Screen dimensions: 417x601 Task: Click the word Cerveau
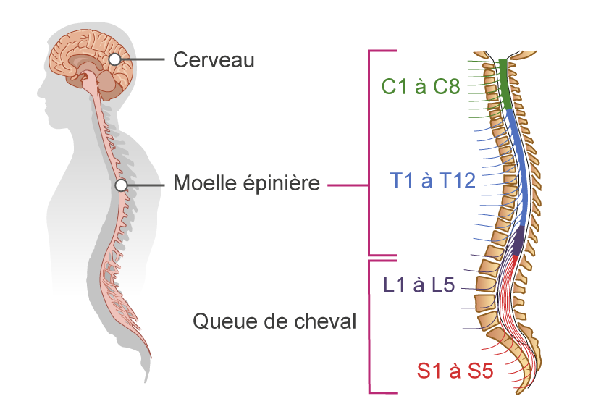coord(214,59)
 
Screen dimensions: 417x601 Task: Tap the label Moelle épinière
coord(246,184)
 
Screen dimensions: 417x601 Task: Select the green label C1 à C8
coord(421,88)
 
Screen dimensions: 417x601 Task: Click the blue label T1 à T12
coord(433,180)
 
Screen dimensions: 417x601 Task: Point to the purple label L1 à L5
coord(419,285)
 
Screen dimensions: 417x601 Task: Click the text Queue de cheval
coord(274,321)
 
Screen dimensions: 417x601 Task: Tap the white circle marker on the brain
coord(116,59)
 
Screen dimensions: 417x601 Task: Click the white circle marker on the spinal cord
coord(122,185)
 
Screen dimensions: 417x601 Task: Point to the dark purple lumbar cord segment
coord(518,240)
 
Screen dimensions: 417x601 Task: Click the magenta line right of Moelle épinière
coord(348,185)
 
